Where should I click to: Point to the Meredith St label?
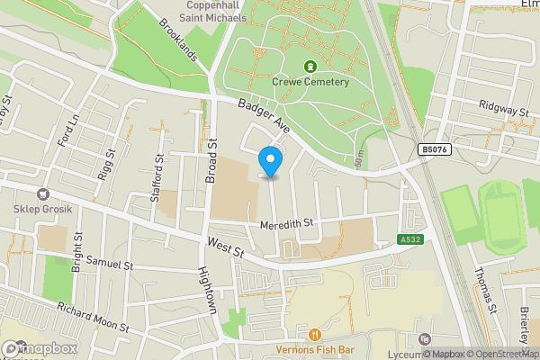pos(285,222)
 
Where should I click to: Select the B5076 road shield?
pos(433,150)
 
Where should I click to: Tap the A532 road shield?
pos(410,238)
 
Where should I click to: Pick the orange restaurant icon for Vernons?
pos(314,334)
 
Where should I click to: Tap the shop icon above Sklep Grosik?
pos(42,193)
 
